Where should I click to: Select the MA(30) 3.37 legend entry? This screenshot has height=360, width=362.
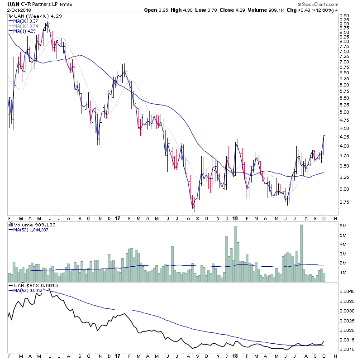pyautogui.click(x=25, y=20)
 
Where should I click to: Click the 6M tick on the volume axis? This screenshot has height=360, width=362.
pyautogui.click(x=343, y=226)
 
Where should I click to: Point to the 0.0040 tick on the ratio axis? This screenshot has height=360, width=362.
pyautogui.click(x=347, y=292)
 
